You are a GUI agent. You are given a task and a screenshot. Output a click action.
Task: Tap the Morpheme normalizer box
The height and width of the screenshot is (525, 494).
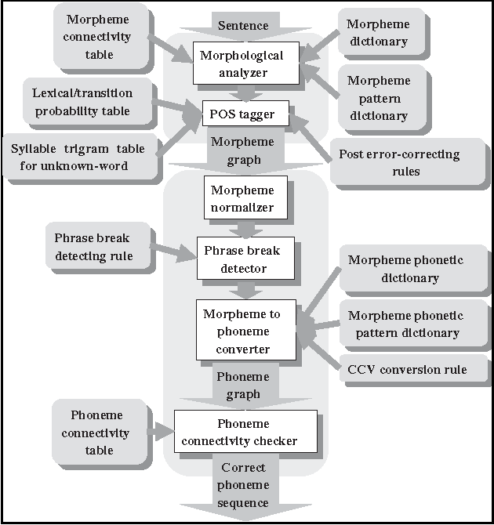242,199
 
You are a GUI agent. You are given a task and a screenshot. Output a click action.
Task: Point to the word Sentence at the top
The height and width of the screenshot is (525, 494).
242,26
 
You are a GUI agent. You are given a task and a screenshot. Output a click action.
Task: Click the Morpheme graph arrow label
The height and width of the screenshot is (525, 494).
242,150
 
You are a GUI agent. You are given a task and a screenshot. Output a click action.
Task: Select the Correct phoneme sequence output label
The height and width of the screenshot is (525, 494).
242,485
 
